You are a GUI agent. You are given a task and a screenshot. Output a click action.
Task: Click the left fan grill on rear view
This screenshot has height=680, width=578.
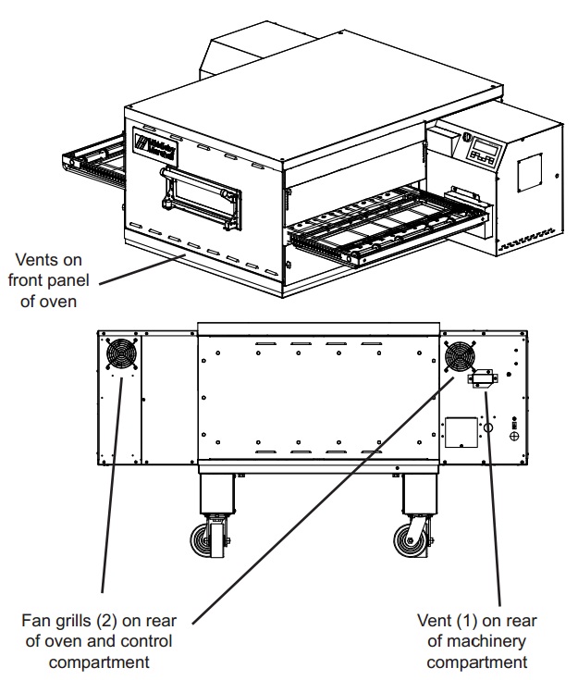pos(119,354)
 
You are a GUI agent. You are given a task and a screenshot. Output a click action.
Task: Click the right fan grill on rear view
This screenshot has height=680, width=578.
pos(458,356)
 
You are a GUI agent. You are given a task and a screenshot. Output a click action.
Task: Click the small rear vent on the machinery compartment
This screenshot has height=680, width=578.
pos(483,377)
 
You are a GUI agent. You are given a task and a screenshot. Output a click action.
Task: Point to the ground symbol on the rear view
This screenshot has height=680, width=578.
pos(514,436)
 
